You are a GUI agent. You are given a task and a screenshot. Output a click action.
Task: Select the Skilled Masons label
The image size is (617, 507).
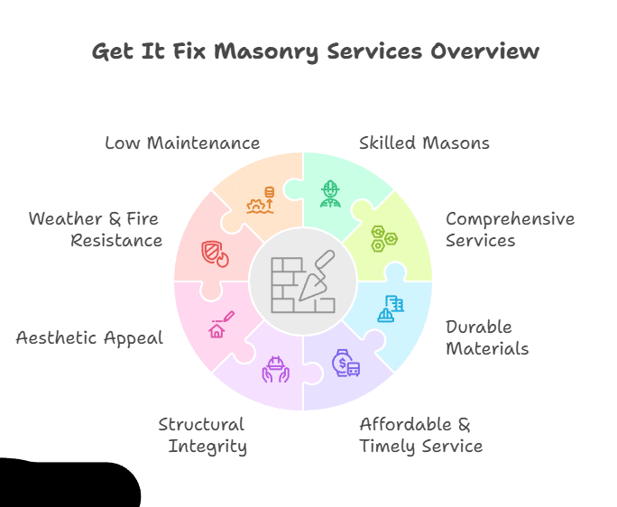click(x=424, y=143)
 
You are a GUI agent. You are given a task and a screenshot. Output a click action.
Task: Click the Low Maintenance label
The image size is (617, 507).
click(x=182, y=143)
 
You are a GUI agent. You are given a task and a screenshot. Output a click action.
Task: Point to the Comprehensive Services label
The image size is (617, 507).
click(x=510, y=230)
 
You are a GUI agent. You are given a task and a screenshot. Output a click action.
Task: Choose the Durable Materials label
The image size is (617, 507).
click(x=487, y=337)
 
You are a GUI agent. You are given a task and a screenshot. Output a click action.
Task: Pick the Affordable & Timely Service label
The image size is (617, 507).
click(x=420, y=435)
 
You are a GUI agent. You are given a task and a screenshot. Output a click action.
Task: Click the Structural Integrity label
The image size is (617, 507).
click(x=204, y=435)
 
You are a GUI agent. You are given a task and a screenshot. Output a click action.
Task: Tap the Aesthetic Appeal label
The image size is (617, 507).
click(x=89, y=337)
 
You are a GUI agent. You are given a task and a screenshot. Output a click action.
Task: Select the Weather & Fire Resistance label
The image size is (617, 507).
click(x=95, y=230)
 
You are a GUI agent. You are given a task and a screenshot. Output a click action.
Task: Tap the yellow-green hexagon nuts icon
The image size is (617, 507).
click(x=383, y=238)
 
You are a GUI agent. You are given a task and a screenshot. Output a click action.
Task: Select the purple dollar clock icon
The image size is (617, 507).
click(x=346, y=363)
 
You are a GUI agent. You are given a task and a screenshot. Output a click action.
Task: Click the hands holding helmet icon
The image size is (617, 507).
click(x=275, y=369)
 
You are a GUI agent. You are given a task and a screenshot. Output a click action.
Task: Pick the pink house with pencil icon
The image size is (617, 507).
click(x=221, y=324)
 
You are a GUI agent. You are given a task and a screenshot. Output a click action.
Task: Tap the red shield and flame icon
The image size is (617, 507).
click(x=214, y=253)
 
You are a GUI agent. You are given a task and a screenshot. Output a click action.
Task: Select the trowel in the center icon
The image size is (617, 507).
click(x=317, y=274)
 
